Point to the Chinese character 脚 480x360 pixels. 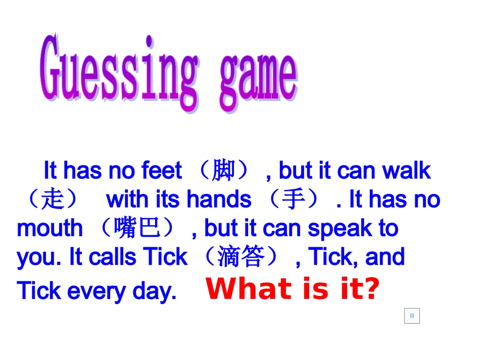224,170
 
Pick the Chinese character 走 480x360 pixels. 53,199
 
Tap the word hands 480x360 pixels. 219,199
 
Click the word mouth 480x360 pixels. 50,228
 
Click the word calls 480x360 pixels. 114,257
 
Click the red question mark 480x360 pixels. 371,289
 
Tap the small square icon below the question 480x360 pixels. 412,316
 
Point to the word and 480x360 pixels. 385,257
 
